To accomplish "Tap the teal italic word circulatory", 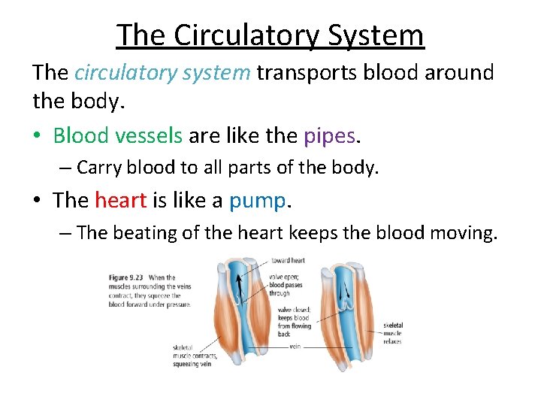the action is click(122, 73).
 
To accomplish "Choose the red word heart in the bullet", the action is click(120, 200).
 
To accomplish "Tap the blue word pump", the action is click(257, 200).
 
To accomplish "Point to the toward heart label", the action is click(289, 260).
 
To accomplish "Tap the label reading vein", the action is click(295, 347).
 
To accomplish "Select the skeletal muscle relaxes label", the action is click(392, 333).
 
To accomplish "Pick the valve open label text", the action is click(282, 277).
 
